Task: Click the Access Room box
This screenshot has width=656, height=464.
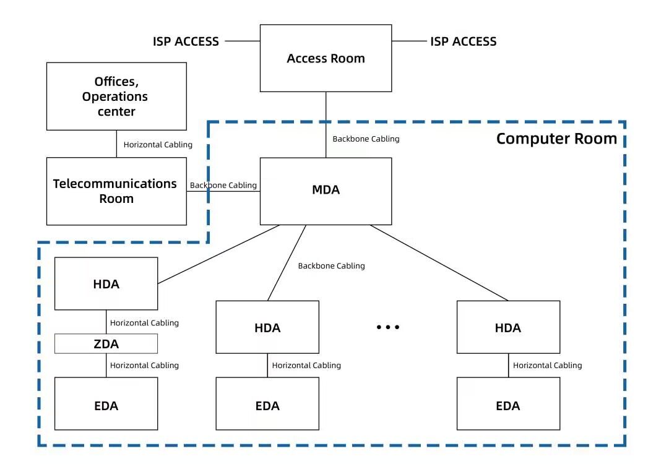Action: point(326,58)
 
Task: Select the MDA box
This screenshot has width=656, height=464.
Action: point(326,191)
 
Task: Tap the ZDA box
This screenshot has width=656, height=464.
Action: point(106,343)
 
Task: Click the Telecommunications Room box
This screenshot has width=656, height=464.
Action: point(116,191)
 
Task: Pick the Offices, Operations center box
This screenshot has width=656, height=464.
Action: point(116,96)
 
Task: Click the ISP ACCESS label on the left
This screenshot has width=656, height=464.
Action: point(186,41)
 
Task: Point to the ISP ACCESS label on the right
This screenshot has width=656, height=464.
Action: point(463,41)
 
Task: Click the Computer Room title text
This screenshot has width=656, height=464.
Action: point(556,139)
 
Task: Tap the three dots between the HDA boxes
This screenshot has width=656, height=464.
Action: point(388,327)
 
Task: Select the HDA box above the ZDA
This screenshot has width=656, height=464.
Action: point(106,284)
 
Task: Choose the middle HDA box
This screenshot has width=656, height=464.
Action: point(267,327)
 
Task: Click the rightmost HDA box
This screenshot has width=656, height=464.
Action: point(508,327)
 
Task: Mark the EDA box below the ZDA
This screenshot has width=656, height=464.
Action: point(106,405)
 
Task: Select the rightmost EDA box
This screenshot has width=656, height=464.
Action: point(508,405)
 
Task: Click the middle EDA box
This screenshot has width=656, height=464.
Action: point(267,405)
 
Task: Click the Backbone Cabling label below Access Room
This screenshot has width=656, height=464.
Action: point(366,139)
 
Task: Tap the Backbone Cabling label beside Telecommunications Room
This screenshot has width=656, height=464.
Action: point(223,185)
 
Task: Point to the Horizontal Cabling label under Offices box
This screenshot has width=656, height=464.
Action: point(158,145)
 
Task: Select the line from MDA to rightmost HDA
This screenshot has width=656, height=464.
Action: point(439,263)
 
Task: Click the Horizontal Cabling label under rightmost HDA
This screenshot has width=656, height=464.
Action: point(547,365)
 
